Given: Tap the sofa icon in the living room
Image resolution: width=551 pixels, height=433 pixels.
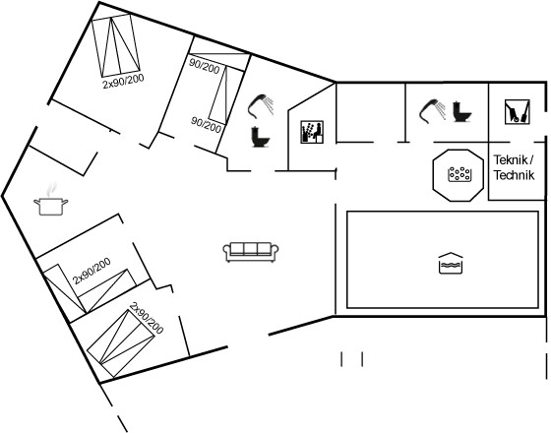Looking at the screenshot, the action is pyautogui.click(x=251, y=252).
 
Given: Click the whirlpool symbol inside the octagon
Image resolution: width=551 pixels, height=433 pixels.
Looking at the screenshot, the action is pyautogui.click(x=459, y=174).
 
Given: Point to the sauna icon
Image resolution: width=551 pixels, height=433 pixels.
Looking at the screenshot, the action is pyautogui.click(x=312, y=132).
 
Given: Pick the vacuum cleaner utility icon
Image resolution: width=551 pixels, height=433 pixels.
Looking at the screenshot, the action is pyautogui.click(x=518, y=112).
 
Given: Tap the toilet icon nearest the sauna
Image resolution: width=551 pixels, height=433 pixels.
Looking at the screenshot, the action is pyautogui.click(x=261, y=137).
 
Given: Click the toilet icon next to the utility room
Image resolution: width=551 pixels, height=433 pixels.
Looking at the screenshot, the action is pyautogui.click(x=461, y=111).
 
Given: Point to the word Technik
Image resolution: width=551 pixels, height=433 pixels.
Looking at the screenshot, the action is pyautogui.click(x=514, y=175).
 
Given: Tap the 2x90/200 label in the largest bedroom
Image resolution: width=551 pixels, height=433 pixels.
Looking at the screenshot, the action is pyautogui.click(x=123, y=81).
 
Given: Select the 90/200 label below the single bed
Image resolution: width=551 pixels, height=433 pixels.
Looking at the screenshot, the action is pyautogui.click(x=207, y=125).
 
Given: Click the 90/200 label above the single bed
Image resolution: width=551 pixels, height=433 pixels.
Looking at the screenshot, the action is pyautogui.click(x=205, y=66).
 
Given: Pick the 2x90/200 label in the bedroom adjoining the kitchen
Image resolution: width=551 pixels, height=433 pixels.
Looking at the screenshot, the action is pyautogui.click(x=92, y=271).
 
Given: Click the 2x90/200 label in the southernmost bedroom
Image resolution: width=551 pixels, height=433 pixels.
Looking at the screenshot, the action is pyautogui.click(x=147, y=318).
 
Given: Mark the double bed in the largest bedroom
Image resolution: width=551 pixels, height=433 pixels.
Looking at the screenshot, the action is pyautogui.click(x=116, y=45).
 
